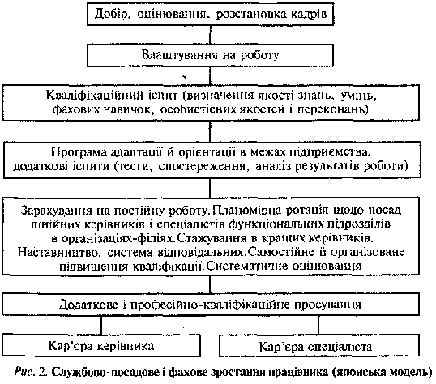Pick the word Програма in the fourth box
point(79,152)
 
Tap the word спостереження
point(202,166)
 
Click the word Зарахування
point(56,211)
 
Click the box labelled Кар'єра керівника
point(101,345)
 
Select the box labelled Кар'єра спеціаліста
point(319,346)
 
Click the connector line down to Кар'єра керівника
point(101,325)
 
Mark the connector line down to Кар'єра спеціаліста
point(318,325)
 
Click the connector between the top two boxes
point(210,35)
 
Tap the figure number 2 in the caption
point(43,372)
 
